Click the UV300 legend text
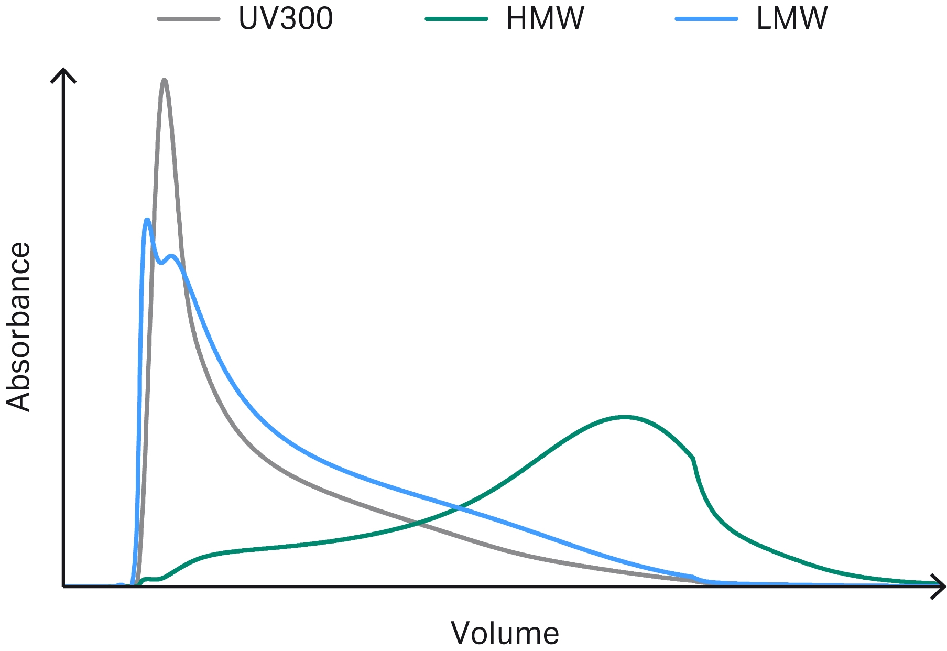pyautogui.click(x=286, y=19)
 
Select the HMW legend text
pyautogui.click(x=545, y=19)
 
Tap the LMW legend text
pyautogui.click(x=792, y=19)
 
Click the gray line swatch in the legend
pyautogui.click(x=189, y=19)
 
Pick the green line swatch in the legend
pyautogui.click(x=456, y=19)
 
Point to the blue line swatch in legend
pyautogui.click(x=706, y=19)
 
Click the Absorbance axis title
pyautogui.click(x=19, y=327)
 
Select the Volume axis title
pyautogui.click(x=505, y=633)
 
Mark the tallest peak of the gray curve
pyautogui.click(x=165, y=80)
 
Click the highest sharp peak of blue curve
pyautogui.click(x=148, y=219)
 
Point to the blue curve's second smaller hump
pyautogui.click(x=171, y=256)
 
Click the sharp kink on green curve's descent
pyautogui.click(x=694, y=459)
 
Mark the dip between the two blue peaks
pyautogui.click(x=161, y=263)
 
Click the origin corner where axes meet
pyautogui.click(x=63, y=586)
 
